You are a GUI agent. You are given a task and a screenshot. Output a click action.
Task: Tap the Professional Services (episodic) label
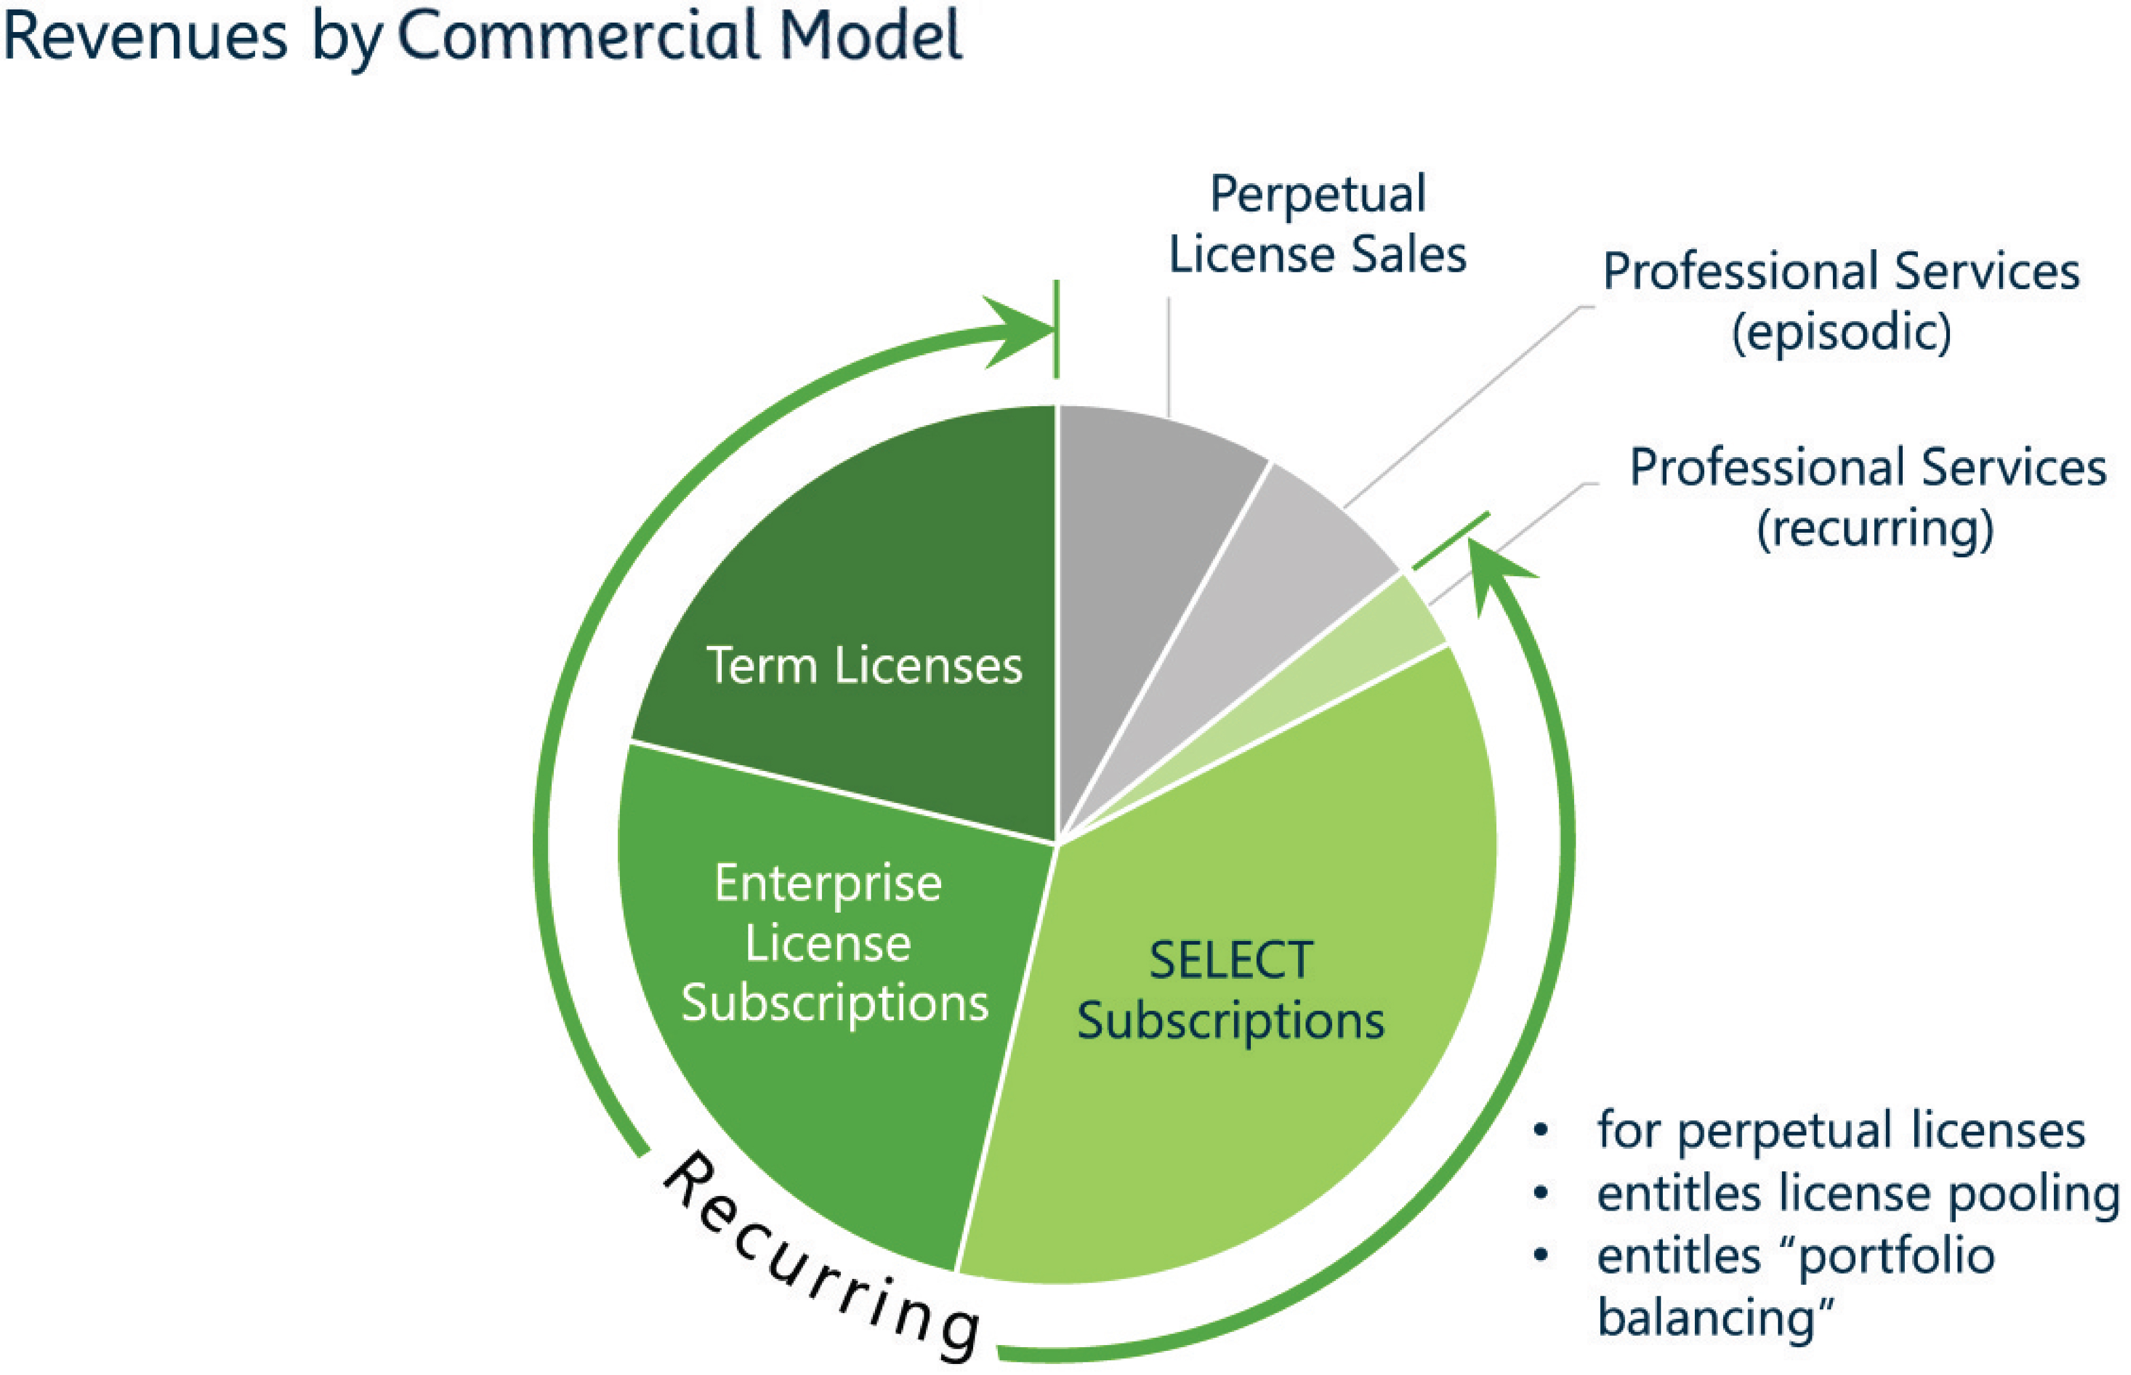1841,302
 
